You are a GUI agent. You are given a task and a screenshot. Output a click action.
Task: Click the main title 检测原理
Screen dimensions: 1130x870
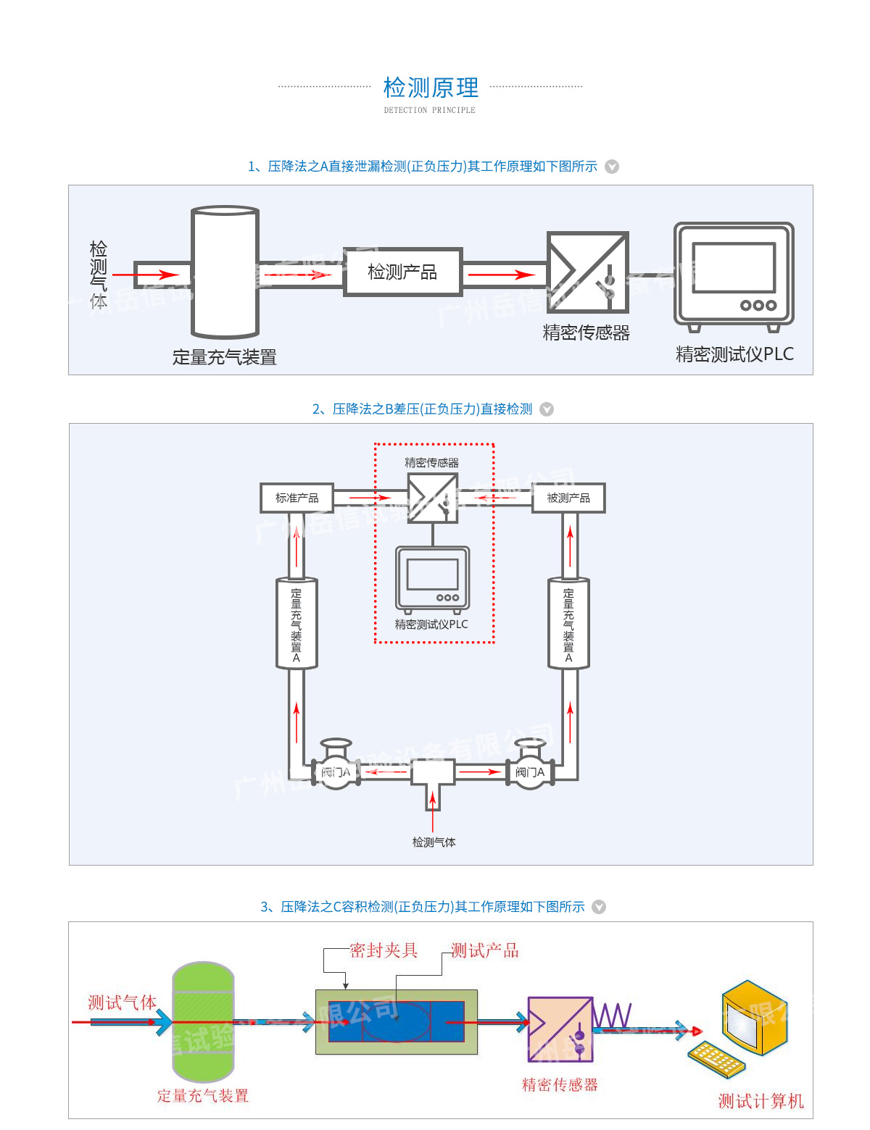pos(431,88)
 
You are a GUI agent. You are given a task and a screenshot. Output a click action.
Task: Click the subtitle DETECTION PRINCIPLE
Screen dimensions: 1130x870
pos(429,111)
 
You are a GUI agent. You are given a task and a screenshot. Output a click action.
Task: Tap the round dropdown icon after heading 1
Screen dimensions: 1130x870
pos(612,167)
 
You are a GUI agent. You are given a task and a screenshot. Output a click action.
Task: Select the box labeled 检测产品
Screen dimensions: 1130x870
pos(402,272)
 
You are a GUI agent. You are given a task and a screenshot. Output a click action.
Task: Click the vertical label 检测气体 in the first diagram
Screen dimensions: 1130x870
pos(99,275)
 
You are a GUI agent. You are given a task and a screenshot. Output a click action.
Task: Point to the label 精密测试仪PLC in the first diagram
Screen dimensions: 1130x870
pos(734,354)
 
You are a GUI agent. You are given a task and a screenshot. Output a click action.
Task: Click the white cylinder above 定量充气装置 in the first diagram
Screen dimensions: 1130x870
pos(225,272)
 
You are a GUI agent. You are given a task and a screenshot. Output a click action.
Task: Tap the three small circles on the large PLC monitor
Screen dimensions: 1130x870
pos(758,306)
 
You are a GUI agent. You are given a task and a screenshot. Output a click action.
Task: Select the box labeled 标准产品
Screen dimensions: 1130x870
pos(297,498)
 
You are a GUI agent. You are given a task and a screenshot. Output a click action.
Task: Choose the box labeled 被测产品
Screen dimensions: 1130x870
pos(568,498)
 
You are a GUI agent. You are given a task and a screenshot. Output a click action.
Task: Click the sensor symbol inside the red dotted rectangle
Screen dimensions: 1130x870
pos(433,498)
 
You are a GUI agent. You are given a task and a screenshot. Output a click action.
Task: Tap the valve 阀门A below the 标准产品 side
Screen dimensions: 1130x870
pos(336,772)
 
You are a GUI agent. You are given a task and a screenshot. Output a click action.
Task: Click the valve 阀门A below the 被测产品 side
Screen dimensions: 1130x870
pos(530,772)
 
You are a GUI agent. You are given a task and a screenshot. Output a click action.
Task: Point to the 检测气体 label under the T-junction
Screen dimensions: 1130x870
pos(434,842)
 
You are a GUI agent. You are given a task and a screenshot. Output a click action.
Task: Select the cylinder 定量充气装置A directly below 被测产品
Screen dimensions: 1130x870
pos(568,624)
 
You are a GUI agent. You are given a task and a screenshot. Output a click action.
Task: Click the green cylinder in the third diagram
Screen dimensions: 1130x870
pos(203,1021)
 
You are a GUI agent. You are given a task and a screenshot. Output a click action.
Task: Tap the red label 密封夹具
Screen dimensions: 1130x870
pos(384,950)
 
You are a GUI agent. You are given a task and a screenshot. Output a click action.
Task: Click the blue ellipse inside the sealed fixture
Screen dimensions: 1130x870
pos(397,1021)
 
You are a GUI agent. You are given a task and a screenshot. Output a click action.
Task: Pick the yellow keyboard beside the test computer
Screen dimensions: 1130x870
pos(716,1060)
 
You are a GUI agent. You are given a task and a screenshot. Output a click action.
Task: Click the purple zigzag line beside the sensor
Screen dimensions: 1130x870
pos(613,1016)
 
